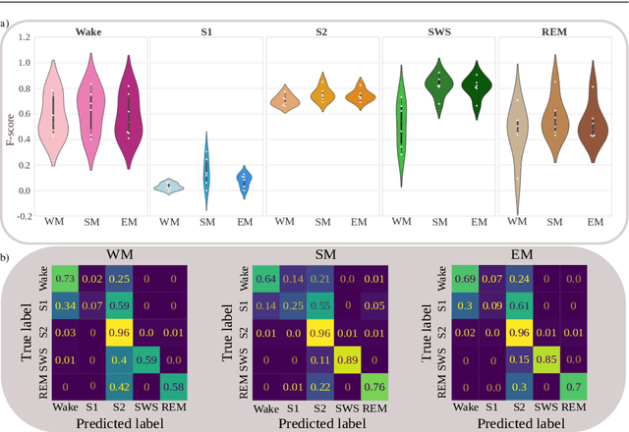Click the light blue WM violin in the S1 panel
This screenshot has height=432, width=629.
click(170, 185)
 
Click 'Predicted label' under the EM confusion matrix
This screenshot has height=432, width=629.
click(522, 423)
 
